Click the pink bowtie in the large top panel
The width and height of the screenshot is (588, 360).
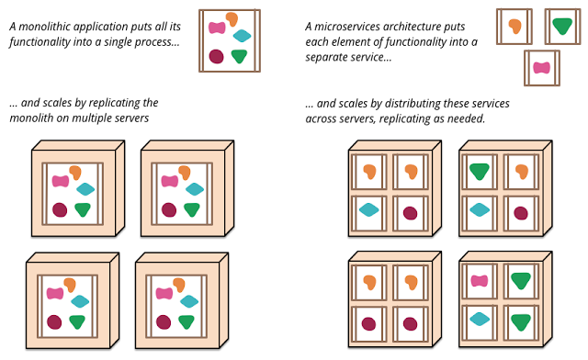tap(217, 28)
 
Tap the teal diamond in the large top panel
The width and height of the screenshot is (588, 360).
tap(242, 36)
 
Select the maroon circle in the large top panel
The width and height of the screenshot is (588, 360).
tap(217, 56)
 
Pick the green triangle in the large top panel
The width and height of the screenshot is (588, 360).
tap(240, 56)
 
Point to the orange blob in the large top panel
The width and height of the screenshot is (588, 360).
tap(232, 18)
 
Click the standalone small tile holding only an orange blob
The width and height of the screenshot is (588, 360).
tap(514, 27)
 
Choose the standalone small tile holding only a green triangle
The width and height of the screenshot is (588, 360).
tap(562, 27)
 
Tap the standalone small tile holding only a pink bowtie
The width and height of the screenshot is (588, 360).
tap(542, 68)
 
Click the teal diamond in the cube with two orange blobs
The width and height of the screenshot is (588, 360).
tap(369, 209)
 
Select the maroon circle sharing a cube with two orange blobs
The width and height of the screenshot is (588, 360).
tap(411, 213)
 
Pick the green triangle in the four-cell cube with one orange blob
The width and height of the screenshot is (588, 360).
tap(480, 172)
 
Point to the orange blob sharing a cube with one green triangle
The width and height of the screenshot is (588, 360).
tap(522, 172)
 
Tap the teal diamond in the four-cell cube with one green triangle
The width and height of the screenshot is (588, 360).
tap(480, 209)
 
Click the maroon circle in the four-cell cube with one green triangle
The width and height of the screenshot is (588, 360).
tap(521, 213)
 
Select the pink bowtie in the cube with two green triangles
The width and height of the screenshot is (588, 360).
tap(480, 281)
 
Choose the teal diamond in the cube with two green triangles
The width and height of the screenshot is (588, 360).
tap(480, 319)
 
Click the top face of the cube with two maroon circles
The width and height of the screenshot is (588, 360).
tap(395, 256)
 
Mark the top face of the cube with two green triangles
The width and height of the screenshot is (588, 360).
tap(505, 256)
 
